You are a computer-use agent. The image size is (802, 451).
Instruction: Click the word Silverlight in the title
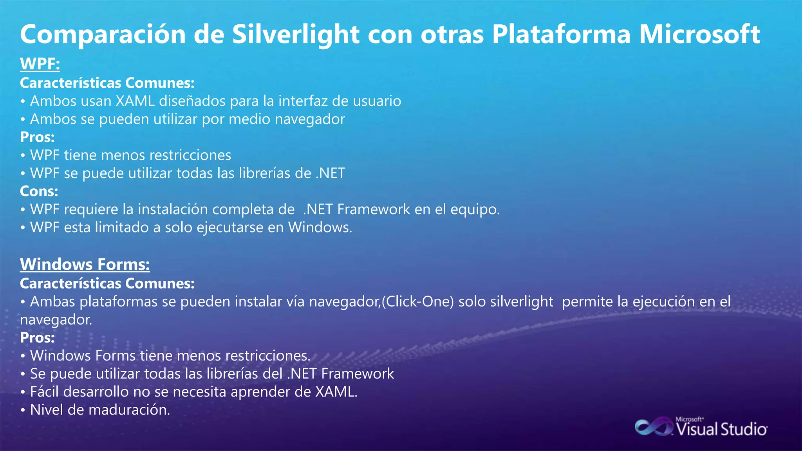click(x=296, y=34)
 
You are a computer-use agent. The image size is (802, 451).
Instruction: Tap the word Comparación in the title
click(x=103, y=34)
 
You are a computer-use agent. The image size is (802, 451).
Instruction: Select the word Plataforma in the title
click(x=561, y=34)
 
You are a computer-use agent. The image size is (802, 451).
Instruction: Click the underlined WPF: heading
click(x=40, y=64)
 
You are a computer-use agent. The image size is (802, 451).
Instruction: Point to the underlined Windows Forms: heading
click(x=85, y=265)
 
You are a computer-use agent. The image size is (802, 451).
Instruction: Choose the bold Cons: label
click(x=39, y=191)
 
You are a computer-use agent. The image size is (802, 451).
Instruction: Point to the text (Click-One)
click(x=417, y=302)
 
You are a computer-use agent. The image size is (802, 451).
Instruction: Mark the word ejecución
click(x=670, y=302)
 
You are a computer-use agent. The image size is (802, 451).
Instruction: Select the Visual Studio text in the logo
click(x=722, y=429)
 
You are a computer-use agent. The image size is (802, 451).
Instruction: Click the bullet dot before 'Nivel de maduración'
click(x=23, y=410)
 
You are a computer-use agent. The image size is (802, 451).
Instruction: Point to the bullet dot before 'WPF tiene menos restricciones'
click(x=23, y=155)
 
